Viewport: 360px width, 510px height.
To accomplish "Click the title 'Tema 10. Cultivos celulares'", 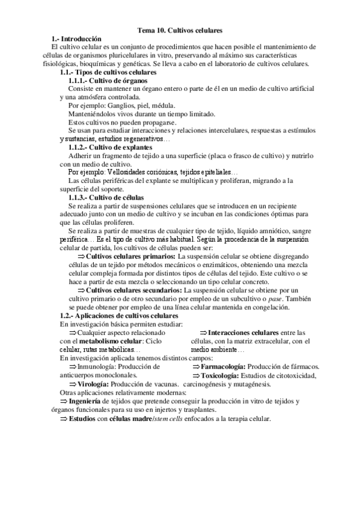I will (x=180, y=29).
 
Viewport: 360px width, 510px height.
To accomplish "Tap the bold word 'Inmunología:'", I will (x=99, y=366).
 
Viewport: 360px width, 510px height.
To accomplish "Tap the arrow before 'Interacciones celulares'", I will (x=203, y=332).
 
